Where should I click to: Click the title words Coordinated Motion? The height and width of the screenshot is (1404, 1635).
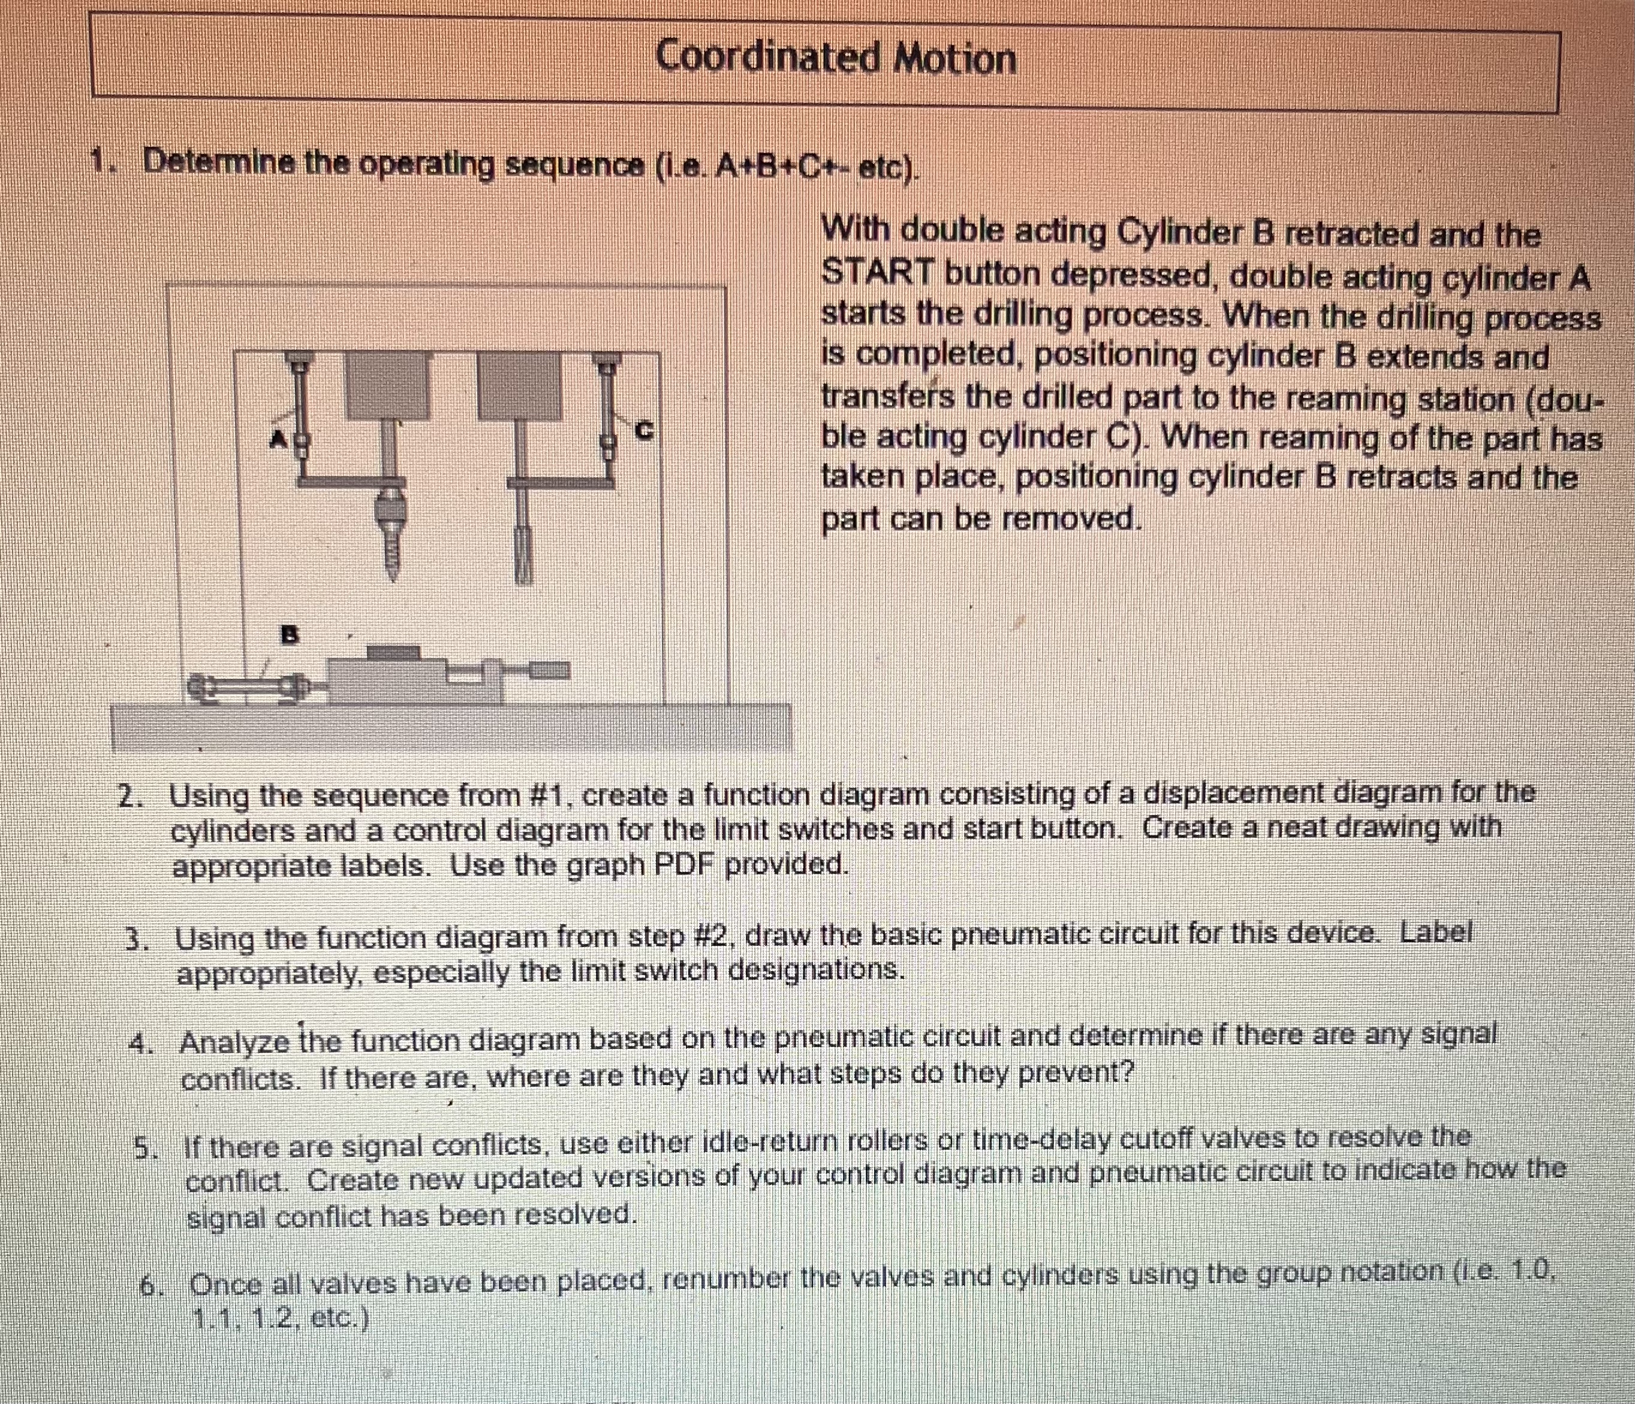(835, 58)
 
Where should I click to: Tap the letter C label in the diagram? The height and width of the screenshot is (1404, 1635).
(645, 431)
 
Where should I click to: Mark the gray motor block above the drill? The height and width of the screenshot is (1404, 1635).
(387, 385)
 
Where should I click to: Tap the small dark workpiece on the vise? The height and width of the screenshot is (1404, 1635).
(394, 653)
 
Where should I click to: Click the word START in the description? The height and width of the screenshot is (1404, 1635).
(878, 274)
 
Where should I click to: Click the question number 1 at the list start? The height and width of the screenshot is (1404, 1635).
(100, 163)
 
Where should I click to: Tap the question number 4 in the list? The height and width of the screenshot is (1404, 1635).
(140, 1044)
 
